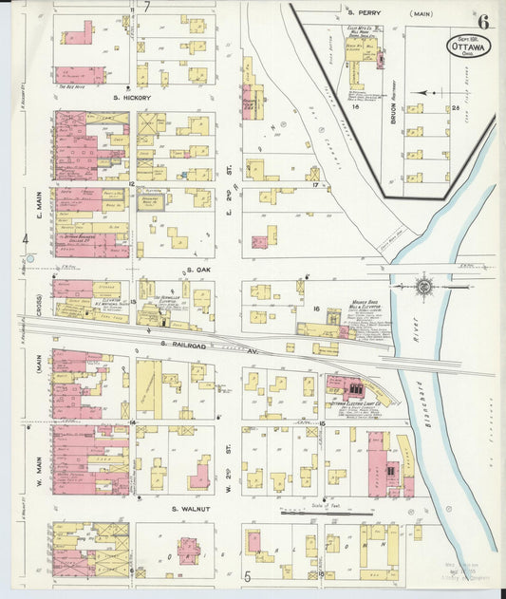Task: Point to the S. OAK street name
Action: pos(197,270)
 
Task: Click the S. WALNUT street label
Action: pos(189,509)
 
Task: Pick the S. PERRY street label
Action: pos(363,13)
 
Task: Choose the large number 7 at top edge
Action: pos(147,7)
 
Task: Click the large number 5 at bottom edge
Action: pos(245,575)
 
